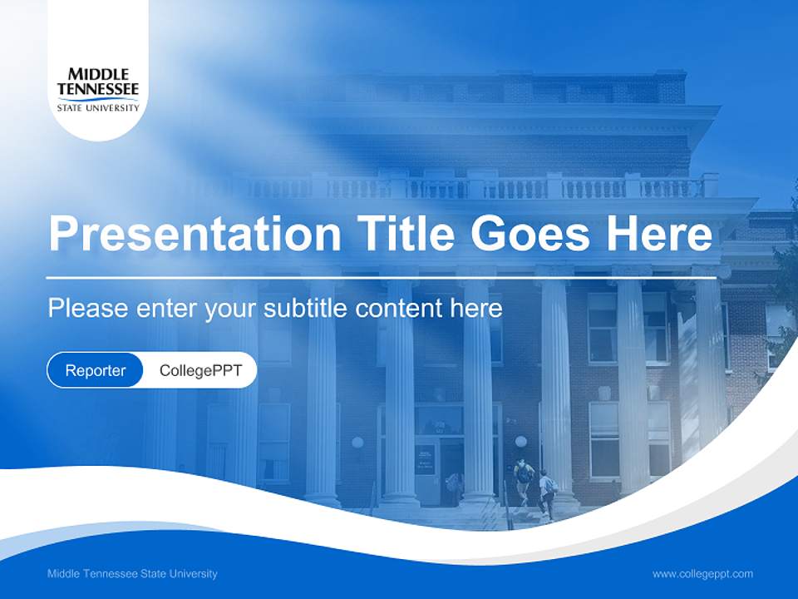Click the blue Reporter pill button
(x=96, y=370)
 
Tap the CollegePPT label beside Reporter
(x=200, y=370)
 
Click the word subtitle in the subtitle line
(x=306, y=309)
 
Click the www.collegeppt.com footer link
(x=702, y=573)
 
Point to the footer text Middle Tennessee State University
(x=132, y=573)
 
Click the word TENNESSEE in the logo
(x=97, y=90)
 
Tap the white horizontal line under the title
(x=381, y=277)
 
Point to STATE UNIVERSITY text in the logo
(x=97, y=107)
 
